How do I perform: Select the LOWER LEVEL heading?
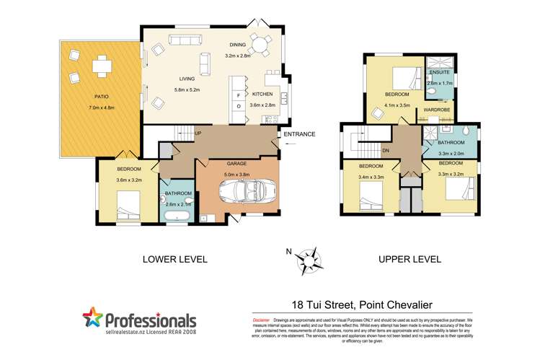(x=174, y=258)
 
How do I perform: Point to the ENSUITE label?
(x=439, y=73)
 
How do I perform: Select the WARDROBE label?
(x=436, y=110)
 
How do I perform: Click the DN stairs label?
(x=385, y=150)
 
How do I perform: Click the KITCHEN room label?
(x=262, y=95)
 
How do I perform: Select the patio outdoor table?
(x=100, y=66)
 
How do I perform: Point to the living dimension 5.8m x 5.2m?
(x=189, y=89)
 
